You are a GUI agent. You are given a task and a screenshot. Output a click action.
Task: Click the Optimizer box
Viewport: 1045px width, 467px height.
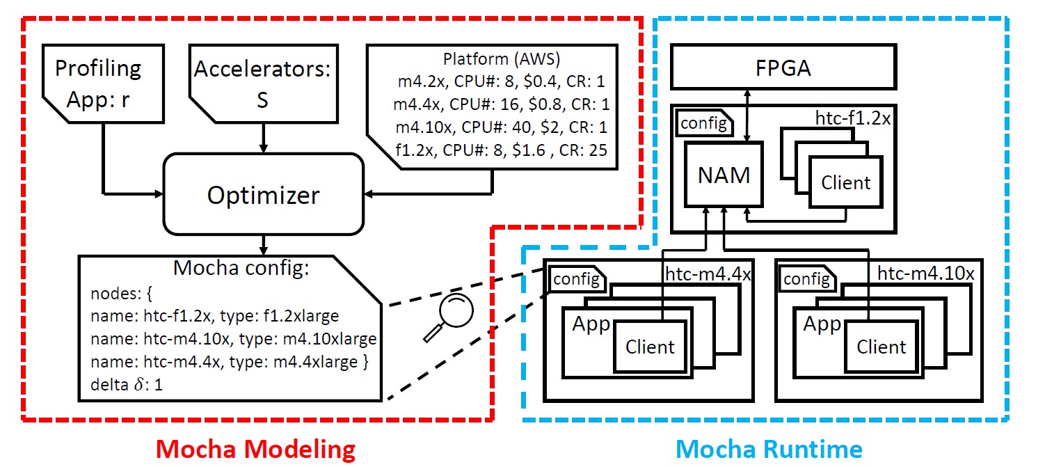click(263, 195)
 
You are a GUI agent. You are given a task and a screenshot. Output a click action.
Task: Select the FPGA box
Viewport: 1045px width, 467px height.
click(783, 69)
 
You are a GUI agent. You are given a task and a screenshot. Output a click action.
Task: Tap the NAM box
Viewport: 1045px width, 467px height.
click(724, 174)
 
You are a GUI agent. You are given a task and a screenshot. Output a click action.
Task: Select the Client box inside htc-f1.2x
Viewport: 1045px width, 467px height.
click(845, 182)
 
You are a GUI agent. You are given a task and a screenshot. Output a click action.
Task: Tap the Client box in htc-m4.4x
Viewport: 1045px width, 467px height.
click(650, 346)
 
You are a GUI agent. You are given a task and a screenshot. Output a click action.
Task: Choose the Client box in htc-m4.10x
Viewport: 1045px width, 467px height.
click(881, 346)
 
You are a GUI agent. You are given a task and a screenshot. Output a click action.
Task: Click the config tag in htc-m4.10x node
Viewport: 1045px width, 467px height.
click(806, 280)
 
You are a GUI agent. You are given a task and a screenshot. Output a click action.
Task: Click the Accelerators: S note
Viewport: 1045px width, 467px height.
click(262, 84)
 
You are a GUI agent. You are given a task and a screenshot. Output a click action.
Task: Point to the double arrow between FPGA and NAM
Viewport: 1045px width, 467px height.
click(747, 114)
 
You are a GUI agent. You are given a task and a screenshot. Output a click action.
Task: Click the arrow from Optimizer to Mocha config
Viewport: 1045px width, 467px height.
click(263, 244)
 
